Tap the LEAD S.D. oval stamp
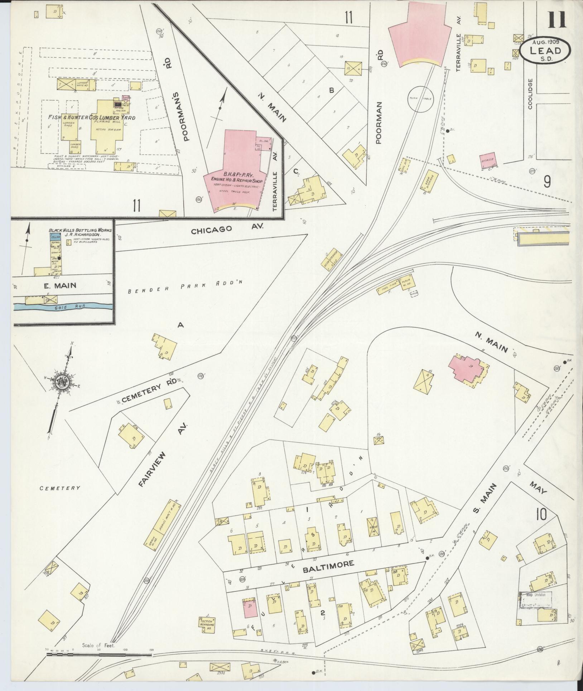tap(545, 51)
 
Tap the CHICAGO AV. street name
tap(227, 229)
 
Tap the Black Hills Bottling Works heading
tap(80, 230)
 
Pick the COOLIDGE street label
tap(530, 94)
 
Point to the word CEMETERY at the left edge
tap(60, 488)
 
